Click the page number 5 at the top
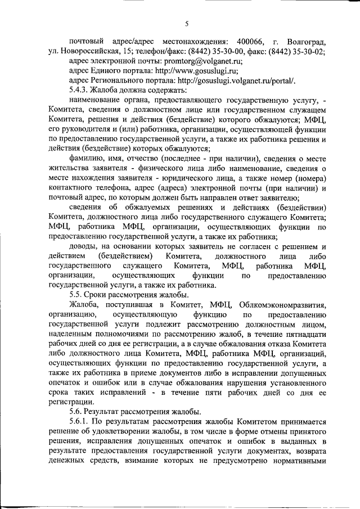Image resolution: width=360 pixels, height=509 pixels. tap(186, 23)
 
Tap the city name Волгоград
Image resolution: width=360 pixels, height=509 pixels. tap(306, 42)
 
